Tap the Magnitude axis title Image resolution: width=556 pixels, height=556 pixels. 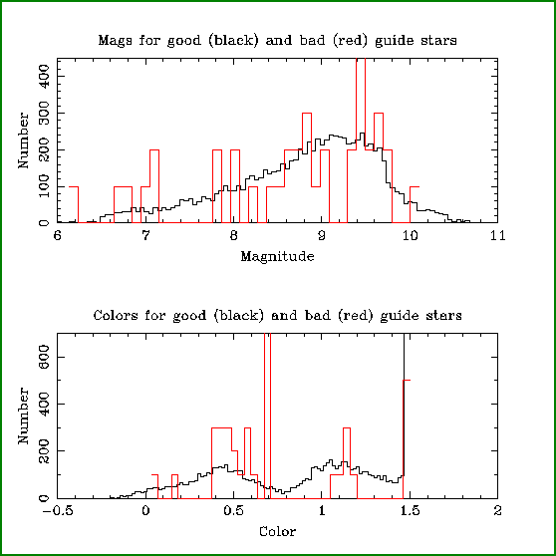(277, 257)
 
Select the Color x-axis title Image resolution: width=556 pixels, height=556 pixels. (277, 531)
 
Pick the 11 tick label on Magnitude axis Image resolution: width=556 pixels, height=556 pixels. (497, 236)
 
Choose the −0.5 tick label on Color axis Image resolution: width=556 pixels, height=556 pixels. (58, 511)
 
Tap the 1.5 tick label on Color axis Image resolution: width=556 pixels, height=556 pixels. (410, 511)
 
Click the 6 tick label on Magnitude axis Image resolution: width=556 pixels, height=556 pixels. (58, 236)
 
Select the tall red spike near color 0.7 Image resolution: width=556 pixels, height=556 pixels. (267, 416)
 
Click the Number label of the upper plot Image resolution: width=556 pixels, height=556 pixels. (23, 140)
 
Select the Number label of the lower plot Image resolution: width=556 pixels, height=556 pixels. (23, 416)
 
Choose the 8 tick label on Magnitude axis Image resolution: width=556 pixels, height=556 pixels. (233, 236)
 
